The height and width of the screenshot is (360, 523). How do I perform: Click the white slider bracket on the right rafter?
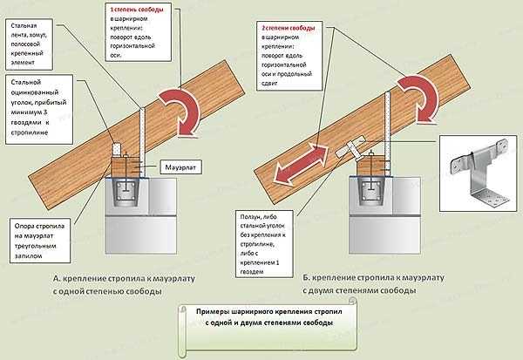point(353,147)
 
